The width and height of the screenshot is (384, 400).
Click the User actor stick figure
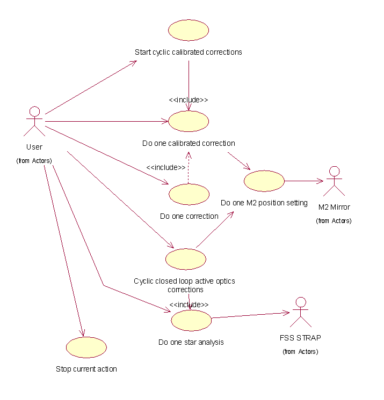pos(34,121)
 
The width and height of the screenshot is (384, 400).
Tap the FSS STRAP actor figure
pos(300,312)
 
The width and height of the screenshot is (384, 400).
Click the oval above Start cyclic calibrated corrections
pos(189,30)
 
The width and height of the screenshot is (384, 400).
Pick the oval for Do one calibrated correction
pos(188,121)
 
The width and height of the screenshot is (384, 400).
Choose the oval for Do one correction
pos(189,194)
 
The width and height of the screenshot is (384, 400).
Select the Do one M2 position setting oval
pos(264,181)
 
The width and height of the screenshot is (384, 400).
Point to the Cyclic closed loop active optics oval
pos(185,259)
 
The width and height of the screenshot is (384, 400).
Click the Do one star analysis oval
pos(191,320)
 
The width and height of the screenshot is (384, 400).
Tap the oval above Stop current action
pos(86,347)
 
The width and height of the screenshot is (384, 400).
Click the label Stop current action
pos(86,369)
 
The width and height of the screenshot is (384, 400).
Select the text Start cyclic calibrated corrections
pos(189,52)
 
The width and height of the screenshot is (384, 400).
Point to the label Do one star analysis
pos(191,342)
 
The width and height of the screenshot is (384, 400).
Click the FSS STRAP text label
pos(300,338)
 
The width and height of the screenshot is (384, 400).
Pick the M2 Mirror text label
pos(334,207)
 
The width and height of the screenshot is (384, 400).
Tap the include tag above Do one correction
pos(166,167)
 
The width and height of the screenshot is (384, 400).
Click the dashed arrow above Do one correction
pos(189,168)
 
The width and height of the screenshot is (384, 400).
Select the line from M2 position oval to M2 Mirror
pos(304,181)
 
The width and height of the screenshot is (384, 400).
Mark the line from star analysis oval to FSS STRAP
pos(250,315)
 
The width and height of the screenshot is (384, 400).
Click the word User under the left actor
pos(34,147)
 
